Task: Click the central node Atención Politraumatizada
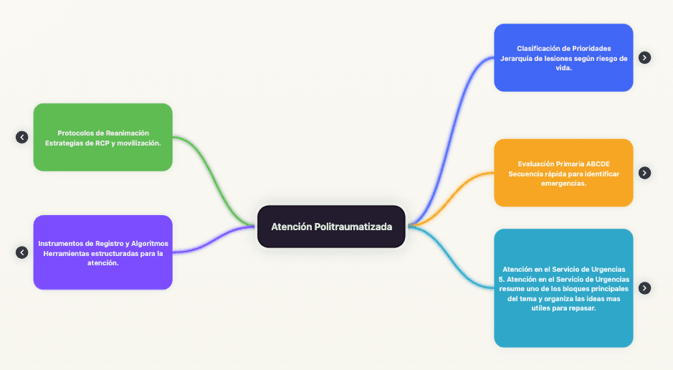coord(331,227)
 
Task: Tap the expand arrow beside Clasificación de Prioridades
coord(644,57)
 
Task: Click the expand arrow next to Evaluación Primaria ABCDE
coord(644,173)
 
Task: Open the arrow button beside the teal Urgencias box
coord(644,288)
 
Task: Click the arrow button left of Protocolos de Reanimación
coord(22,137)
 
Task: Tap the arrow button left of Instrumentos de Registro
coord(22,252)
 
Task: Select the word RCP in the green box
coord(102,143)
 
